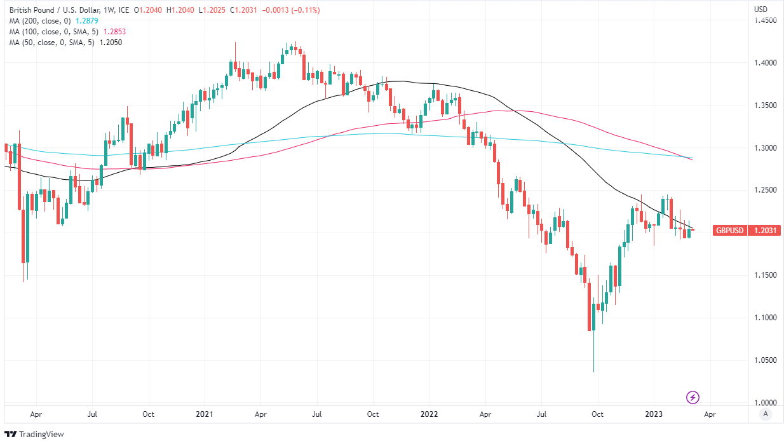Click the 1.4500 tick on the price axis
[x=765, y=20]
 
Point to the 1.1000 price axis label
[x=765, y=318]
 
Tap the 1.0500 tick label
[x=765, y=360]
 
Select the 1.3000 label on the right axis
[x=765, y=148]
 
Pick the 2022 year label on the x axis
[x=429, y=414]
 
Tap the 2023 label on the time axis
[x=654, y=414]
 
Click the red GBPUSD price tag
[x=729, y=231]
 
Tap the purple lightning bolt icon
[x=693, y=398]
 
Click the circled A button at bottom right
[x=766, y=414]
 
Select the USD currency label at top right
[x=760, y=9]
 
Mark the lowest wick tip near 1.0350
[x=593, y=372]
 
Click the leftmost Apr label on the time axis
[x=36, y=414]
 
